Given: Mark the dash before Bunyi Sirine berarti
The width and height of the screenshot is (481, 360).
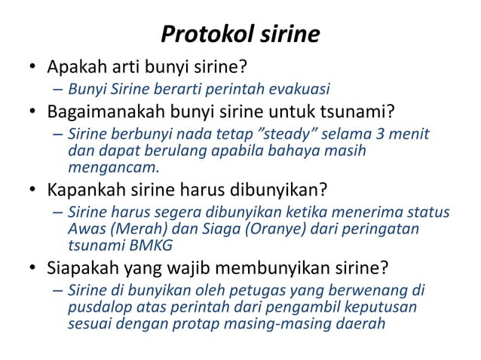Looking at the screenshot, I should (58, 92).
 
